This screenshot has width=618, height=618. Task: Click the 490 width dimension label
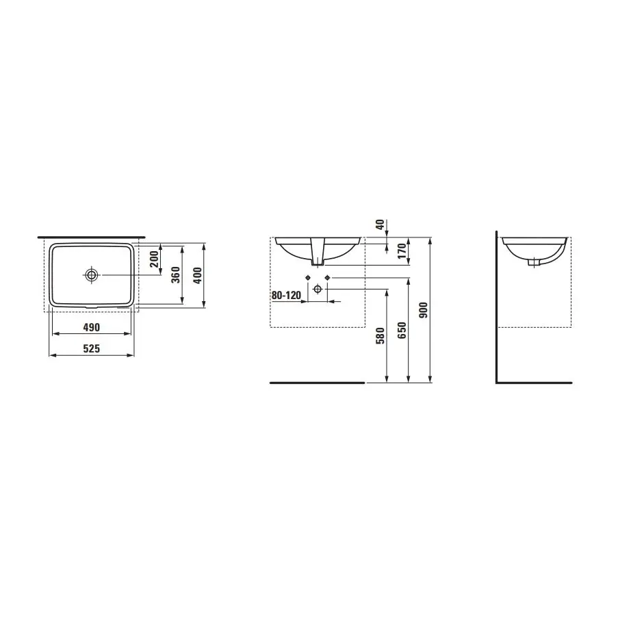click(x=92, y=327)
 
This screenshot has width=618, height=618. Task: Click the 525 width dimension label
click(x=92, y=348)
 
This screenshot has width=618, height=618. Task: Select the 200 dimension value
click(x=155, y=259)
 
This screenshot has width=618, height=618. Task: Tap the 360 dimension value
click(x=176, y=274)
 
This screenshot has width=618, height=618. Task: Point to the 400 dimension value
click(x=198, y=275)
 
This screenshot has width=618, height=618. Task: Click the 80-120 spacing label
click(x=286, y=295)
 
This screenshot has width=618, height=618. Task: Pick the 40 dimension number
click(x=380, y=224)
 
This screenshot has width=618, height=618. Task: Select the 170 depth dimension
click(x=402, y=251)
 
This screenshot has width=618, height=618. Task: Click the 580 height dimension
click(x=380, y=335)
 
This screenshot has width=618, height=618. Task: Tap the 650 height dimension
click(x=402, y=331)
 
